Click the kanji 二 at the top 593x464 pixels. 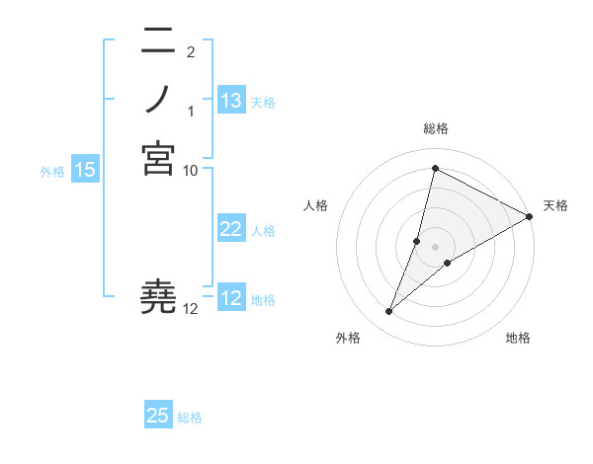pos(158,41)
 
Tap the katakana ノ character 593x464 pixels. pos(158,99)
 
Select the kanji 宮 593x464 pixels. pos(158,158)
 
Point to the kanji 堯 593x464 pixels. pos(158,297)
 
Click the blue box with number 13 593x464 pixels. pos(231,101)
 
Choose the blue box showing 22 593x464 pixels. pos(231,229)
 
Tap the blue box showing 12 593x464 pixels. pos(231,298)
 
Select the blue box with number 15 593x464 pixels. pos(85,170)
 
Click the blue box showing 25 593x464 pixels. pos(158,416)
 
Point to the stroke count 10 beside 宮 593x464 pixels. pos(191,170)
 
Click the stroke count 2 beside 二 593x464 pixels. pos(190,51)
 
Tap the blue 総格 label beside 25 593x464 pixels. pos(190,418)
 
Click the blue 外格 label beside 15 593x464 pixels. pos(52,172)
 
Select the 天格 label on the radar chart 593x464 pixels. pos(555,205)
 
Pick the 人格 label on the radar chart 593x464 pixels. pos(315,205)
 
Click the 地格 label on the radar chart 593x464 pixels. pos(518,338)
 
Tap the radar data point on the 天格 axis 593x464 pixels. pos(530,217)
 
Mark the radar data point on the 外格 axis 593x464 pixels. pos(389,312)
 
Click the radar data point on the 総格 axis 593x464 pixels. pos(435,169)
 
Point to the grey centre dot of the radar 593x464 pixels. pos(435,247)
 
